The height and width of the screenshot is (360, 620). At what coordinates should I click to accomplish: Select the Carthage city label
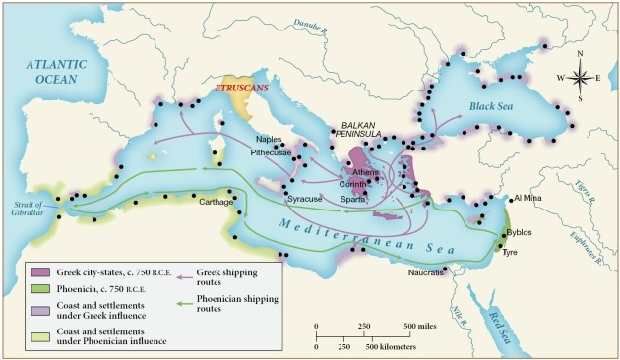(217, 202)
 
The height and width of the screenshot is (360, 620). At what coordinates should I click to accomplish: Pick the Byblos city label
(519, 232)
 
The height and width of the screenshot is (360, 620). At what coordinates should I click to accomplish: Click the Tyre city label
(511, 253)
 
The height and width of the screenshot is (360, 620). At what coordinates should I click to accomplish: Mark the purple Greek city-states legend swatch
(40, 271)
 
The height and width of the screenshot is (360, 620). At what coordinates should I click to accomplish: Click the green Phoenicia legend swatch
(40, 287)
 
